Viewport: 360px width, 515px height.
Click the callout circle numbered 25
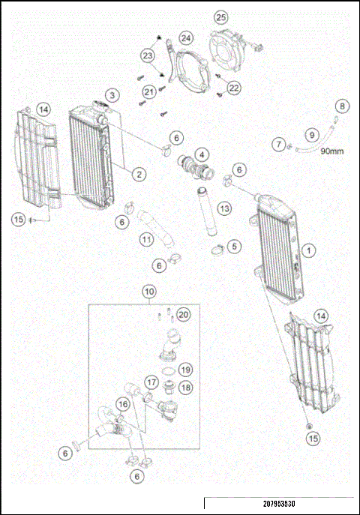tap(220, 17)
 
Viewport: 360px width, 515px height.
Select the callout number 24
tap(185, 37)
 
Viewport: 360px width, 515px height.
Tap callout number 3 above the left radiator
tap(111, 95)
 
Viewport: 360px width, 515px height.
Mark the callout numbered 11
tap(148, 240)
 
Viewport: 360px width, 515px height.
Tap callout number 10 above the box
tap(150, 290)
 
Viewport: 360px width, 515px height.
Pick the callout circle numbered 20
tap(184, 314)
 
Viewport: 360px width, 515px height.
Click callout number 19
tap(185, 369)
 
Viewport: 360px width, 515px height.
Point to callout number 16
tap(121, 404)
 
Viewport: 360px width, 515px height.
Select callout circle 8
tap(341, 106)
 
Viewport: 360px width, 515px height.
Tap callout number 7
tap(279, 143)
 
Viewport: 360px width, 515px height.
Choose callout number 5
tap(235, 245)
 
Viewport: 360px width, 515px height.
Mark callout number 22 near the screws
tap(234, 88)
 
